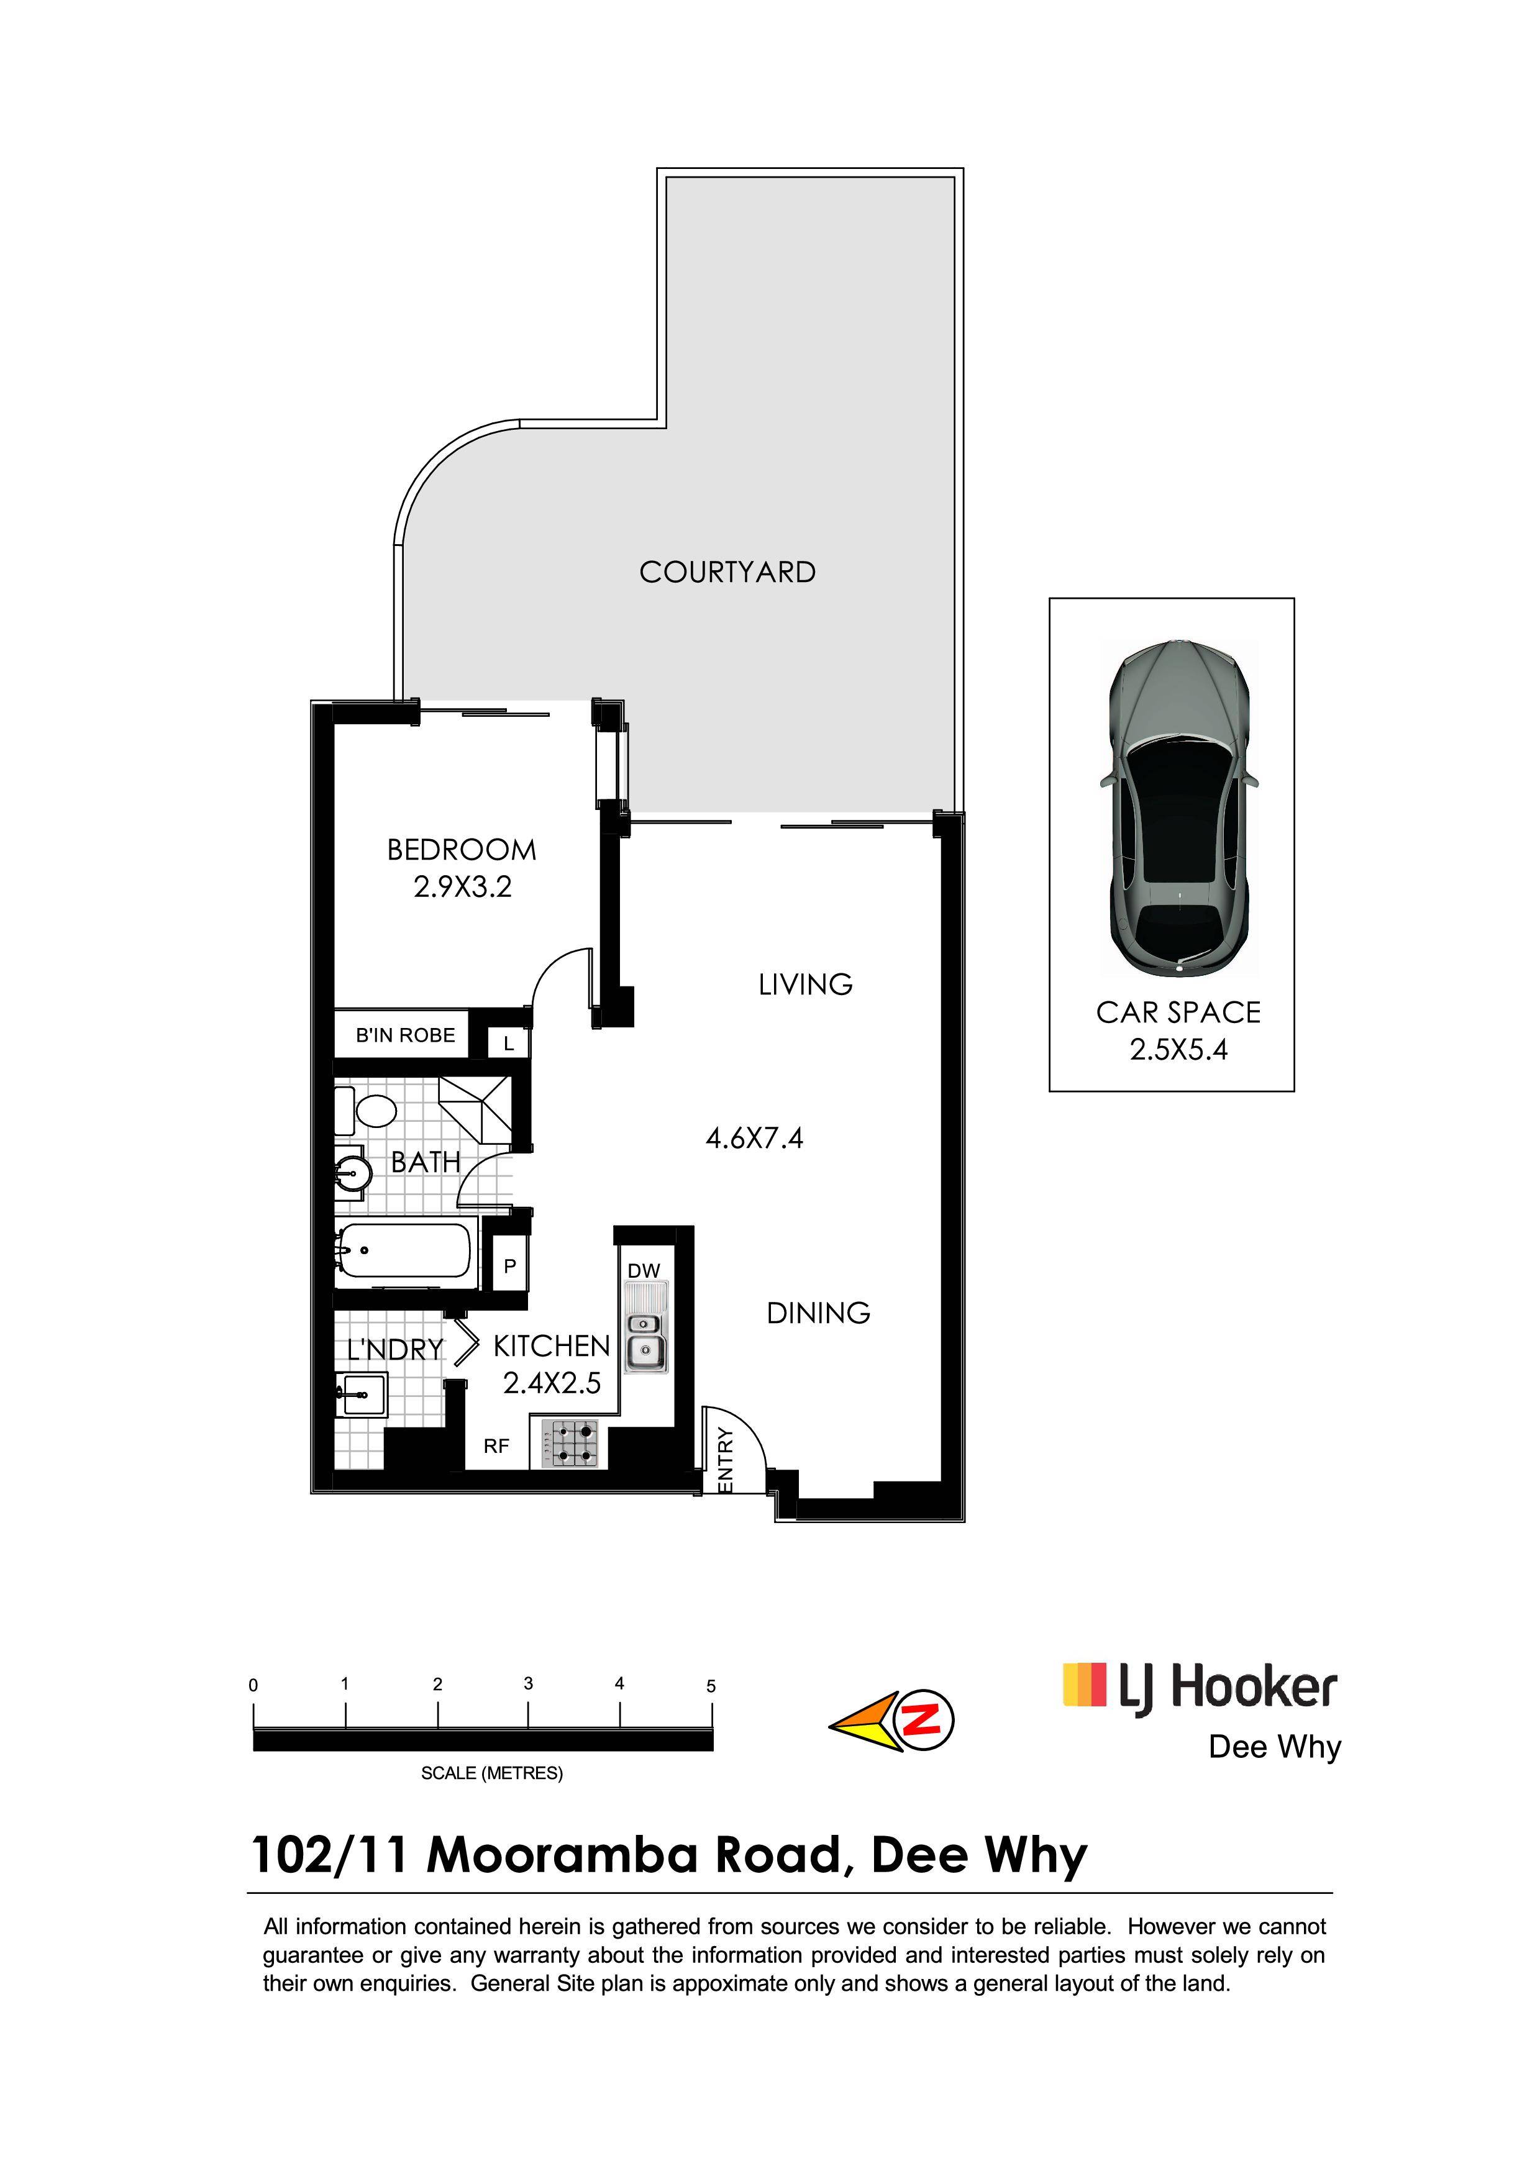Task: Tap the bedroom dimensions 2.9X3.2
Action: (462, 886)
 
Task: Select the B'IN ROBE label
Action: (405, 1035)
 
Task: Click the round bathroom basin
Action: (352, 1173)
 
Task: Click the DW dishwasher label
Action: (644, 1271)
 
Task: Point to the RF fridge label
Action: (496, 1446)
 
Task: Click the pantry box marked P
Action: (509, 1265)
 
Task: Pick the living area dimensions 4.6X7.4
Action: (754, 1138)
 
